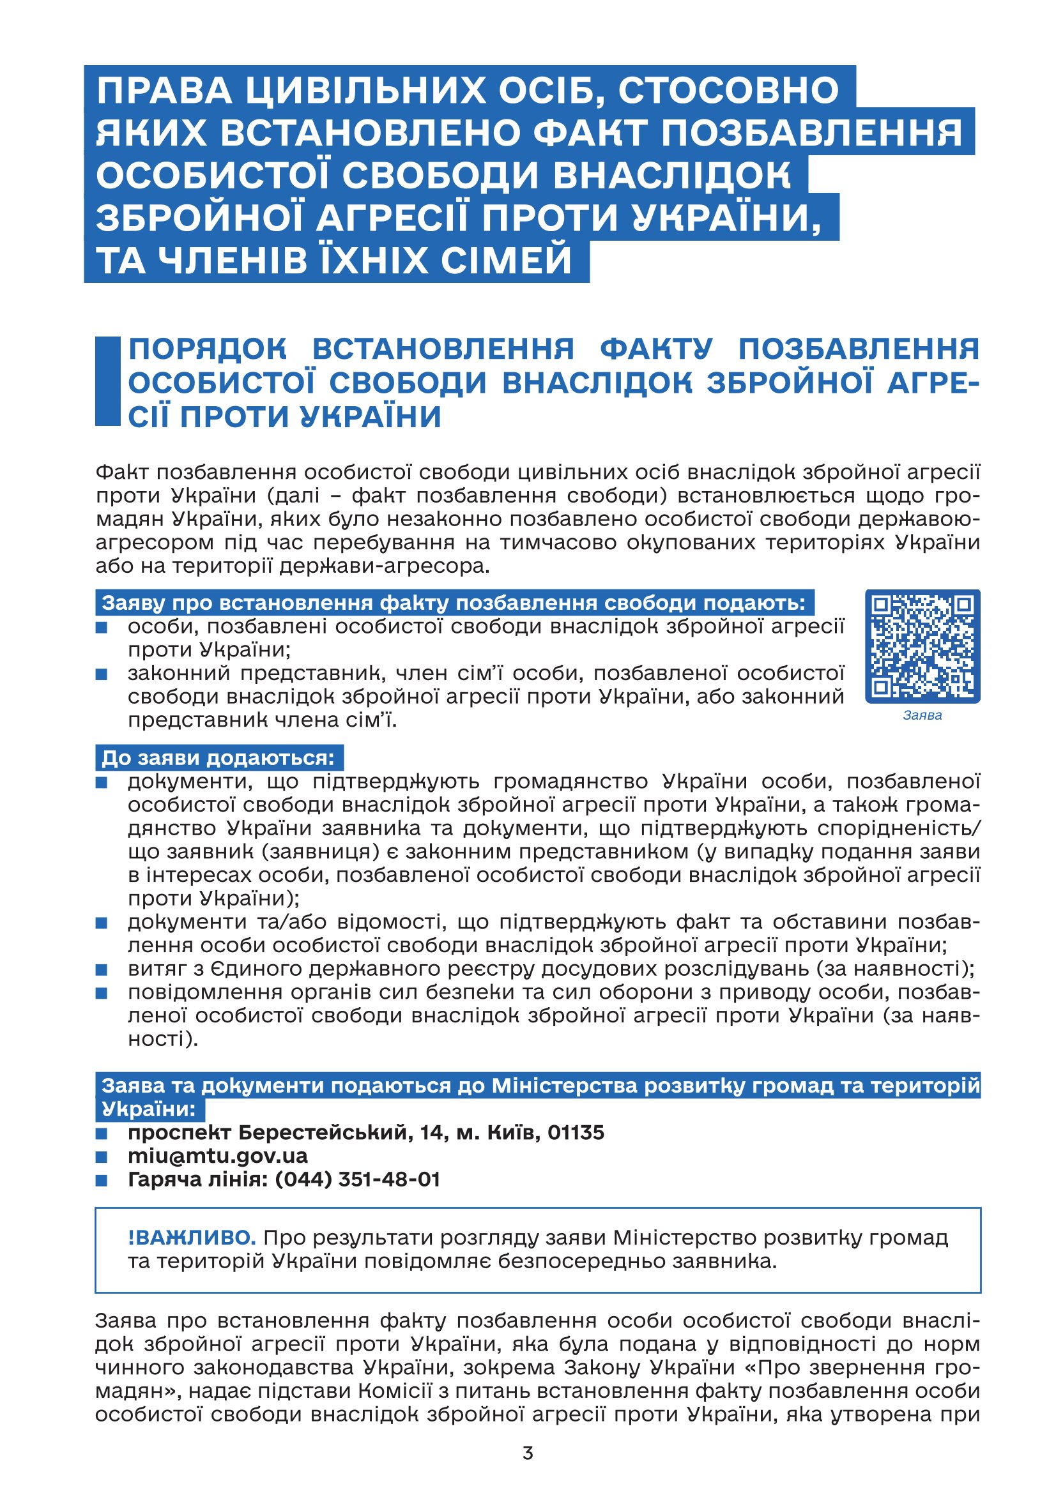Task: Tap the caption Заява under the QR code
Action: point(922,716)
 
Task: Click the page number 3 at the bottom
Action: point(528,1453)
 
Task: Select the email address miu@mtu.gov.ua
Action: point(217,1156)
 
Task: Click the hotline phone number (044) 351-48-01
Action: point(357,1179)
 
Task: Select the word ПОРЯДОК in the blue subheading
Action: point(207,349)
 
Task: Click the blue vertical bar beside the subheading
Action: point(107,381)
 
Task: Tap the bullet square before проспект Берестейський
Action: point(102,1133)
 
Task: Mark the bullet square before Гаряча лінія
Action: point(102,1179)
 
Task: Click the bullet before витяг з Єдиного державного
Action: point(102,969)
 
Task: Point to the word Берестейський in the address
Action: point(323,1132)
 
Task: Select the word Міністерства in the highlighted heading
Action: point(564,1086)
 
